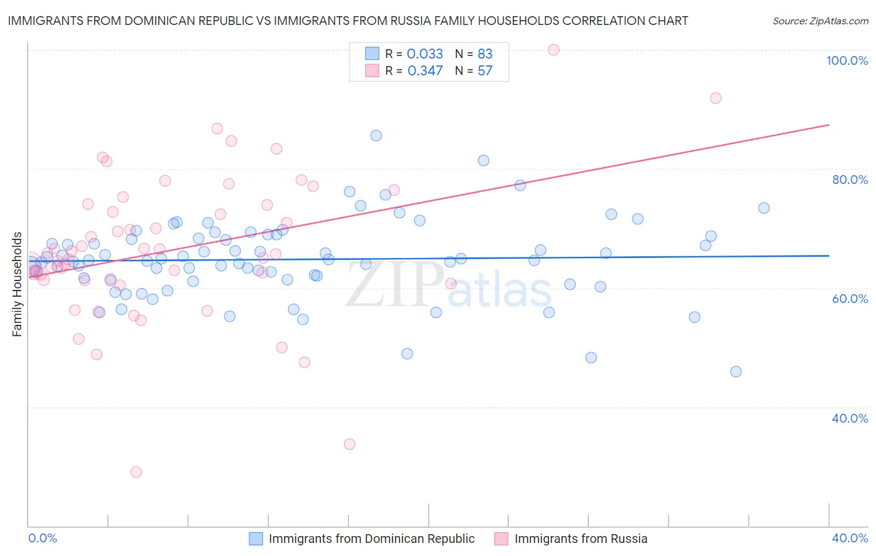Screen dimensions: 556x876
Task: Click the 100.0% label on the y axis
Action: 847,60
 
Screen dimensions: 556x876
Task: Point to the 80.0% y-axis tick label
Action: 850,180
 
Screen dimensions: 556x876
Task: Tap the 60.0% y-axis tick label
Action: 850,299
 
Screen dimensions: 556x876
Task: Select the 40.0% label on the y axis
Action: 850,418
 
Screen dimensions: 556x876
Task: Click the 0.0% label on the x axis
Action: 43,538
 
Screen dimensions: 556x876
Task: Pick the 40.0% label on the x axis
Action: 850,538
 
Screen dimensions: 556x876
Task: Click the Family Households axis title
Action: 17,284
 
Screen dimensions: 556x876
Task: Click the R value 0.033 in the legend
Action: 425,54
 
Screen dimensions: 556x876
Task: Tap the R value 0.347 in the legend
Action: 425,71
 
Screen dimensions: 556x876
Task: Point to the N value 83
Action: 485,54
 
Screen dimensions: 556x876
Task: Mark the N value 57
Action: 485,71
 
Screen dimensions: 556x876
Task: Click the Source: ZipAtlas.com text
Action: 820,21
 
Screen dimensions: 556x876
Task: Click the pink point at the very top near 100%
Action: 553,50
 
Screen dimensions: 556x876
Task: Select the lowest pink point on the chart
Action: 136,472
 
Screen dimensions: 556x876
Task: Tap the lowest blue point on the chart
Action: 736,371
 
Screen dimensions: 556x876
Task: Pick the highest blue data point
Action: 376,136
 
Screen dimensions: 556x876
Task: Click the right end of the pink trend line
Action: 829,125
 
